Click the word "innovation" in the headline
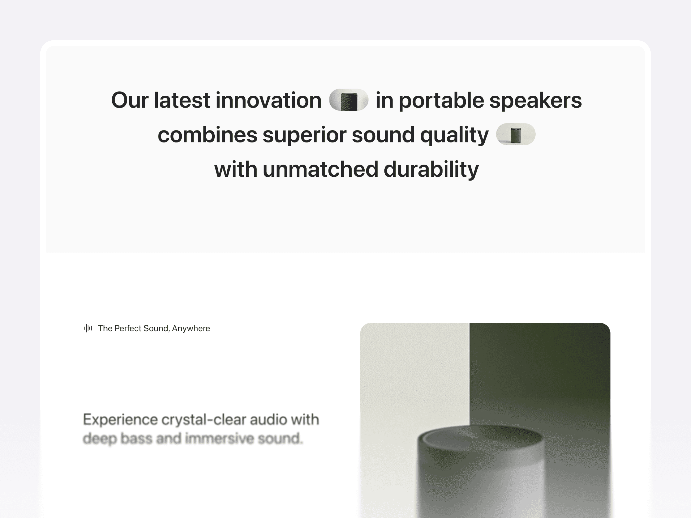pyautogui.click(x=268, y=100)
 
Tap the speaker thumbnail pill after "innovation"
pyautogui.click(x=349, y=100)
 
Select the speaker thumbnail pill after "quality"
pyautogui.click(x=516, y=134)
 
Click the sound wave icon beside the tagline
pyautogui.click(x=88, y=328)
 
